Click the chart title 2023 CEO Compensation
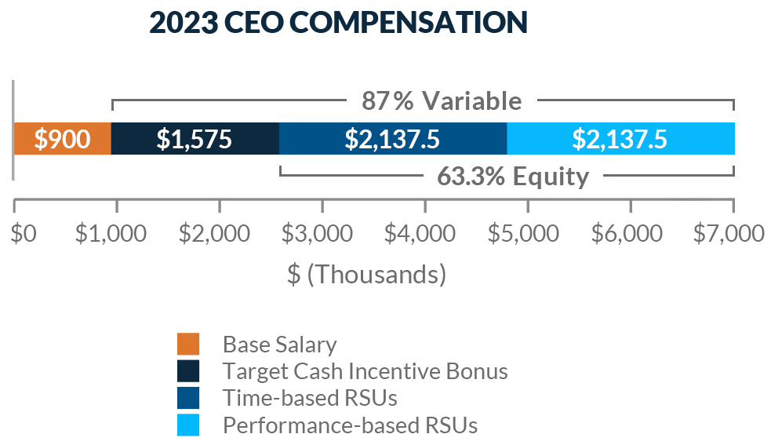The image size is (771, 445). [x=338, y=23]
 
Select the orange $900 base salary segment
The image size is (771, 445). [x=63, y=139]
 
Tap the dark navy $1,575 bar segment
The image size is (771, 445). [x=195, y=139]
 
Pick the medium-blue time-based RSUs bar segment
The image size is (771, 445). [x=392, y=139]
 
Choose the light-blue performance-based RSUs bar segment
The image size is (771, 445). [x=620, y=139]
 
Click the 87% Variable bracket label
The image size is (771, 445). [x=441, y=101]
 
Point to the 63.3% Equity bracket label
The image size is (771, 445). [x=512, y=177]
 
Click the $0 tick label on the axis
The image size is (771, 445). [x=24, y=235]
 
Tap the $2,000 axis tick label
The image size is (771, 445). [x=220, y=235]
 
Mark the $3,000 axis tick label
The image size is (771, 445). [x=322, y=235]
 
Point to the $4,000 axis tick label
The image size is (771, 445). [x=425, y=235]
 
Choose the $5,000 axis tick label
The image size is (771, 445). [x=528, y=235]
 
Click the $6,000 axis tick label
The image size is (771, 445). [x=631, y=235]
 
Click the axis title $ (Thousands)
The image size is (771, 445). [x=366, y=275]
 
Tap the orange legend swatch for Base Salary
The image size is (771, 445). [x=188, y=344]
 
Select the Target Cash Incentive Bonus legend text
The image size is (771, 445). [x=365, y=371]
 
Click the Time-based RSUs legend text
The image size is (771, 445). [x=310, y=398]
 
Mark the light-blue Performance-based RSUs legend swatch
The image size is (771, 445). [x=188, y=425]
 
